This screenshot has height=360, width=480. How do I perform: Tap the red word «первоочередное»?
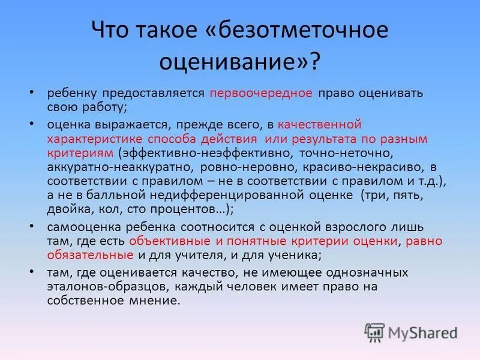pos(260,94)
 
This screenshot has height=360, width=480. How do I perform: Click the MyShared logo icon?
pos(374,331)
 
